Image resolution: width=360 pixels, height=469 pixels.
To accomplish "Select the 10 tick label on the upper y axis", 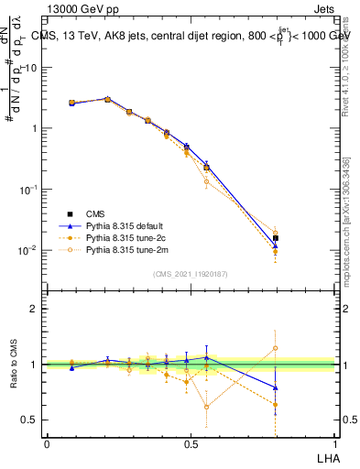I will point(31,67).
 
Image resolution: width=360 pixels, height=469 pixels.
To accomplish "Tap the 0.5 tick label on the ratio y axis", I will point(29,420).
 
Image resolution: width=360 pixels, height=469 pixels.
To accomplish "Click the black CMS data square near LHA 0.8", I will point(276,238).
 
